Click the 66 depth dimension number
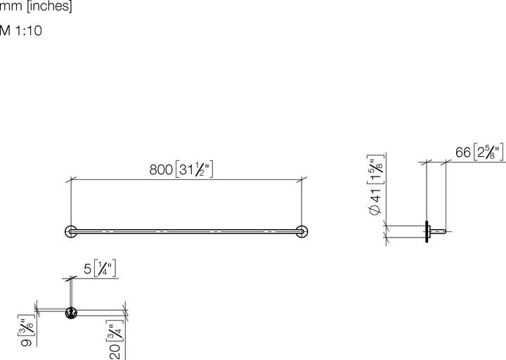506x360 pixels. (x=462, y=153)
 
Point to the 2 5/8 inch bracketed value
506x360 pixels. (x=488, y=153)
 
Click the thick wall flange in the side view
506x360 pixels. (x=427, y=231)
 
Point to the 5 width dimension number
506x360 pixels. (x=87, y=269)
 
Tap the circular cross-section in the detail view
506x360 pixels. (x=70, y=313)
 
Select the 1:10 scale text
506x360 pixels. (x=29, y=31)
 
